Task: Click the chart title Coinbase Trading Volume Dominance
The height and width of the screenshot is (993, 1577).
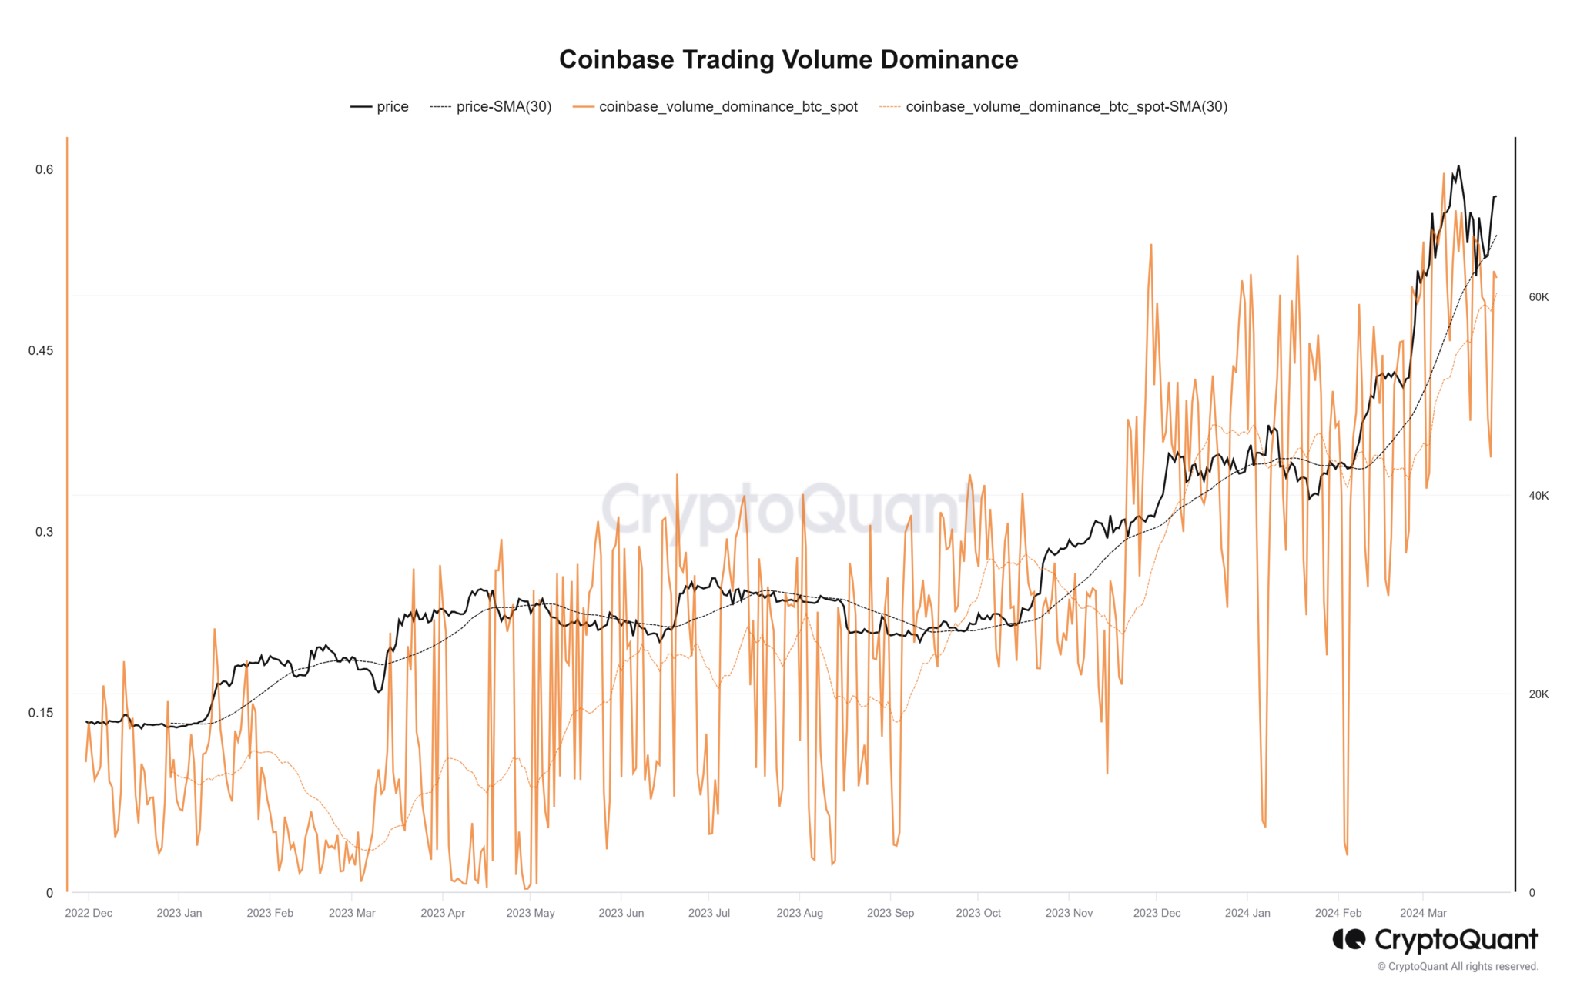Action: (788, 59)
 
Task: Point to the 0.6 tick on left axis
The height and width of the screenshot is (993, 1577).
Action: (44, 169)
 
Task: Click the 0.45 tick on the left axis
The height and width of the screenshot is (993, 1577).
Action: (41, 350)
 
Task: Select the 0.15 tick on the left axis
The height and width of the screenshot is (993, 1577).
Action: (41, 712)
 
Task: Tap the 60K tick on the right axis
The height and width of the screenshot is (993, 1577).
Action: (1538, 297)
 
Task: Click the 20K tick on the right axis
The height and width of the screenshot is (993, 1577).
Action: (1538, 694)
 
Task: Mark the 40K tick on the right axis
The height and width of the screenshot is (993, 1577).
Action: (1538, 496)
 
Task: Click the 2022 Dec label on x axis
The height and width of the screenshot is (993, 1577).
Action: (89, 913)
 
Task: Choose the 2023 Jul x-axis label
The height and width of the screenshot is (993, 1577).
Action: (708, 913)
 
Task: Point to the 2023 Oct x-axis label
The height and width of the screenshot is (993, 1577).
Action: (978, 913)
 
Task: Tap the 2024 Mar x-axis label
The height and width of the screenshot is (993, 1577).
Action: (1423, 913)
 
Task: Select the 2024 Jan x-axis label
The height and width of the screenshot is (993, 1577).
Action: (1247, 913)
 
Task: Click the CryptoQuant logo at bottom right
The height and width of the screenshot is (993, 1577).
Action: (1435, 940)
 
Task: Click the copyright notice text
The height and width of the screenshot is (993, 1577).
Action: (1458, 967)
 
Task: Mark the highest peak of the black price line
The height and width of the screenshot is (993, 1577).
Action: (1458, 165)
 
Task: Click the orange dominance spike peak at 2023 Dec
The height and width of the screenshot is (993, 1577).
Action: (1150, 245)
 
